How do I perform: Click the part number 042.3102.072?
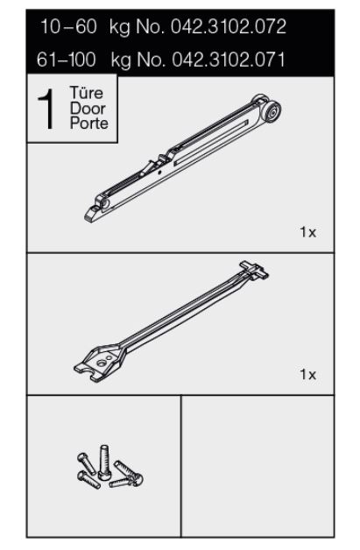click(229, 27)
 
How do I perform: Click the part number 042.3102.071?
click(229, 60)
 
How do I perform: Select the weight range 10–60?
click(68, 27)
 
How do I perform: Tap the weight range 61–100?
click(67, 60)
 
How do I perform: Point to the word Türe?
click(87, 93)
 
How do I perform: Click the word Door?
click(88, 109)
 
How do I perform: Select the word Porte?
click(89, 123)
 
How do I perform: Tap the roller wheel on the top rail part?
click(272, 111)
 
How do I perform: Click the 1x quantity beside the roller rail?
click(307, 232)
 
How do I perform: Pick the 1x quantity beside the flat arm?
click(307, 375)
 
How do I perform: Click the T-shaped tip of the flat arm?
click(254, 270)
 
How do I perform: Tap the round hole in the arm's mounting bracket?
click(102, 363)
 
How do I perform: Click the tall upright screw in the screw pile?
click(104, 462)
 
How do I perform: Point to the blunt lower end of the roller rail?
click(92, 214)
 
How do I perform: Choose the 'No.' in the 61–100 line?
click(151, 60)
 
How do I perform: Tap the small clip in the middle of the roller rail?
click(163, 159)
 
